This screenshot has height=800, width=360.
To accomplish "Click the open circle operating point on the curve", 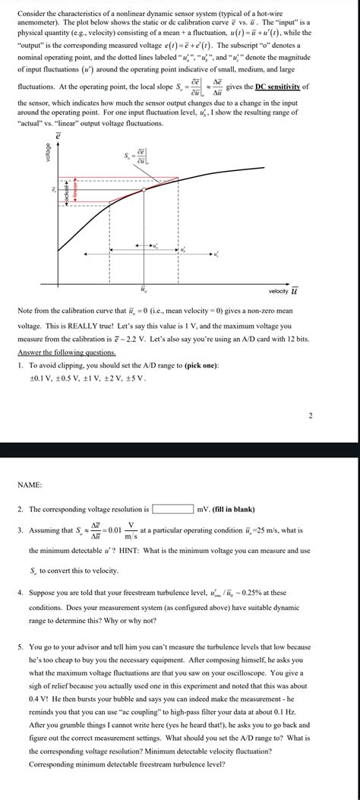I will click(x=110, y=202).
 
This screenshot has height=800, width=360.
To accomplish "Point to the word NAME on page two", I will click(x=29, y=484).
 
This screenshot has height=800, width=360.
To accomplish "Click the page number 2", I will click(x=310, y=416).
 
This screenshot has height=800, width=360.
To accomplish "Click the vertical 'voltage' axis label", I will click(x=49, y=152).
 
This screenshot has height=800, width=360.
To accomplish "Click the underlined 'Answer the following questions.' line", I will click(x=66, y=353).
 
